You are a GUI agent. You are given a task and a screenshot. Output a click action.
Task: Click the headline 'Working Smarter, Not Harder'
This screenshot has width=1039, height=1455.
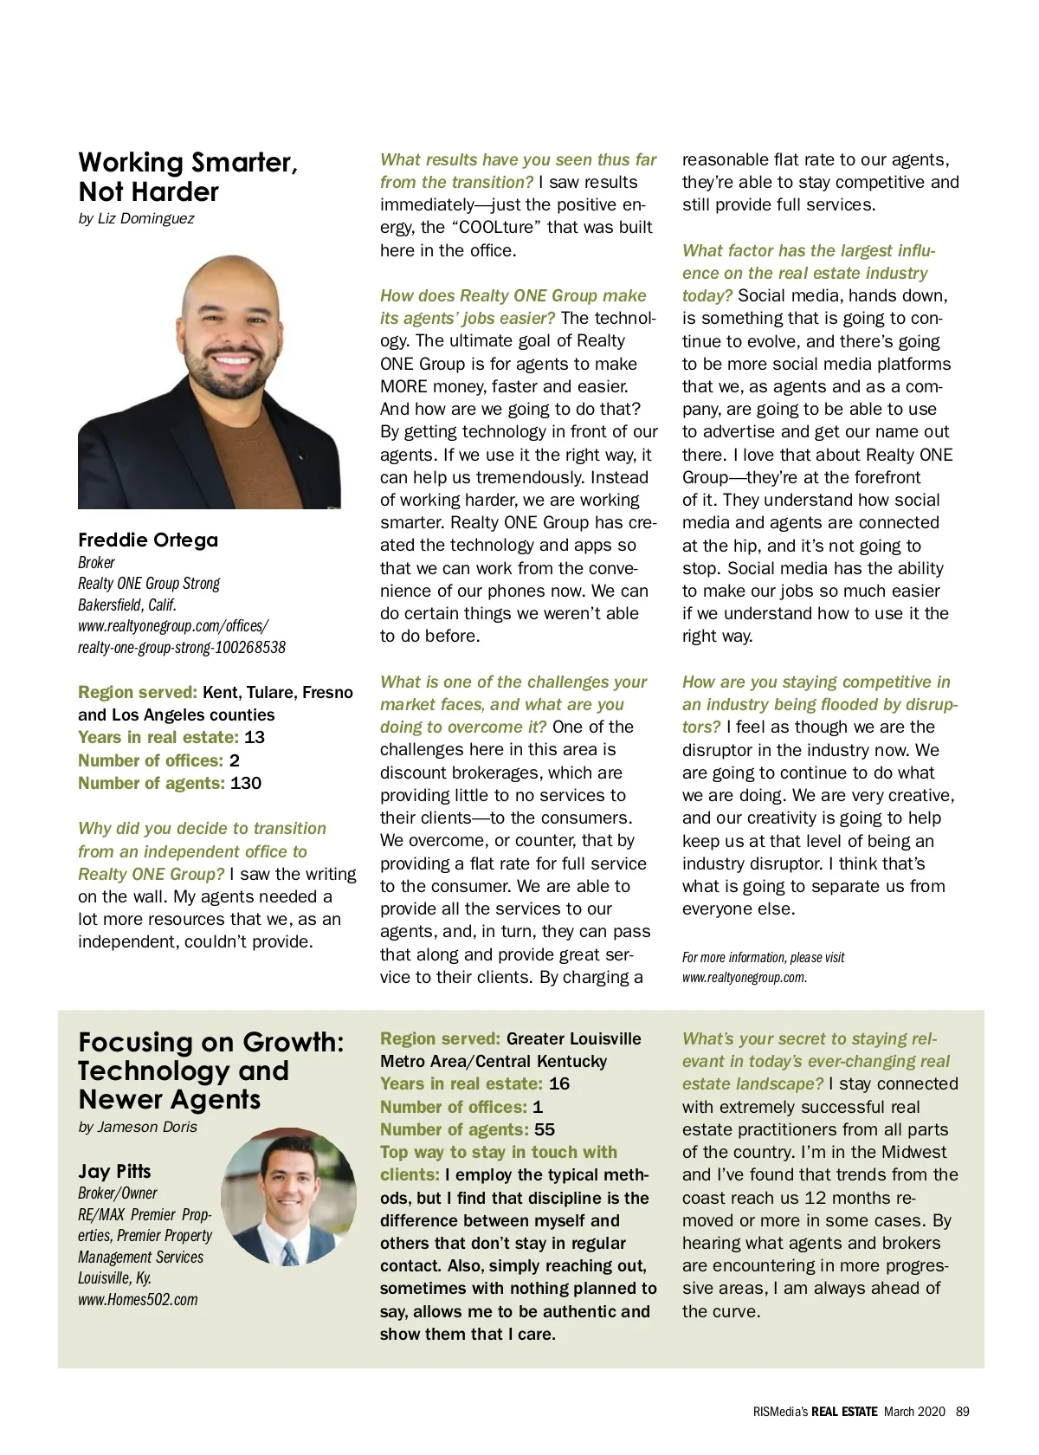point(188,177)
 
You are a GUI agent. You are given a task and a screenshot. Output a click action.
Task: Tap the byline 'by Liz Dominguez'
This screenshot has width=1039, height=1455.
point(136,218)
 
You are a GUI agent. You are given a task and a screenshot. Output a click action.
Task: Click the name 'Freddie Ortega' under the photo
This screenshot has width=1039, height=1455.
point(148,540)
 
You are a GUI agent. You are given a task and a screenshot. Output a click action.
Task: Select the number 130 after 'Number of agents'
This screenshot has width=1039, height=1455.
point(246,783)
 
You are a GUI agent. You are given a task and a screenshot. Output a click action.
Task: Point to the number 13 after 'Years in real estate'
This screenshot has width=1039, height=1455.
point(255,737)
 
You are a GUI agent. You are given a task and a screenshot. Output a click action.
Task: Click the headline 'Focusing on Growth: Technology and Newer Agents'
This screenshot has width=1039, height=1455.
point(210,1070)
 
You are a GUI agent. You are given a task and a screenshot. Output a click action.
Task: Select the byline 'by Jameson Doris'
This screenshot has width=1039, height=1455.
point(138,1127)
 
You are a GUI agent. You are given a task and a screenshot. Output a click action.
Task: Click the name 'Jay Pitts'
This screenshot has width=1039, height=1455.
point(114,1171)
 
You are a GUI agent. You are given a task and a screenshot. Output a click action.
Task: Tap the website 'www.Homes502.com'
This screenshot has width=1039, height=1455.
point(138,1299)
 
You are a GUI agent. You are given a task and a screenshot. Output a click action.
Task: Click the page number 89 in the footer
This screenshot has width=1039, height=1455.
point(963,1411)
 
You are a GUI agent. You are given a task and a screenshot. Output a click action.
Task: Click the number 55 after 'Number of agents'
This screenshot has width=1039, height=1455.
point(545,1129)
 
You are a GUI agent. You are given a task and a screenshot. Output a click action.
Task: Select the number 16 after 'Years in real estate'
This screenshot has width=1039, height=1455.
point(559,1083)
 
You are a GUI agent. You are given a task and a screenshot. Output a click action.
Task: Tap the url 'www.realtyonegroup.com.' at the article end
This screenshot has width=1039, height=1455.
point(745,977)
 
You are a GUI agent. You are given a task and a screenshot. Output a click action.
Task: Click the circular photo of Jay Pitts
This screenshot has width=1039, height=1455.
point(288,1196)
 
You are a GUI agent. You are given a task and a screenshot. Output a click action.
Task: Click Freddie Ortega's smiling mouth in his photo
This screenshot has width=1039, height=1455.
point(232,359)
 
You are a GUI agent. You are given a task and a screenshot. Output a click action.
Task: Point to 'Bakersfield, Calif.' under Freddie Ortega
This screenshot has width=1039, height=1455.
point(127,605)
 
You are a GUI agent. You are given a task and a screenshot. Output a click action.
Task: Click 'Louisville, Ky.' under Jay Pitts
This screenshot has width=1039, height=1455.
point(114,1277)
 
